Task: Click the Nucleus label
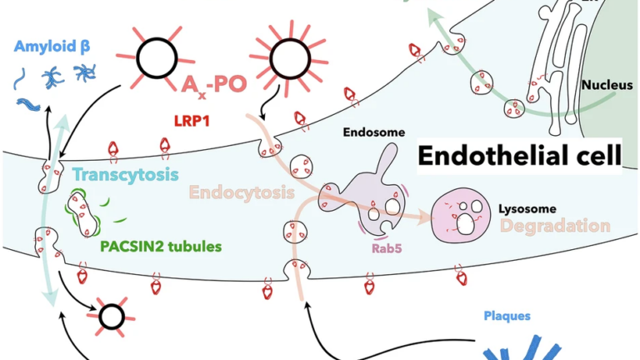[606, 84]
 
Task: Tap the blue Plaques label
[507, 317]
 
